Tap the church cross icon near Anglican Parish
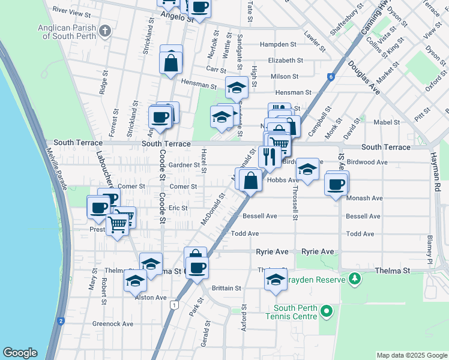(105, 31)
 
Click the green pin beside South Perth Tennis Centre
(326, 311)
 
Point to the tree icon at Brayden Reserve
(355, 279)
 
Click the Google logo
(20, 353)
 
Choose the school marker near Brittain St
(276, 280)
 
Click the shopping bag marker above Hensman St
(171, 61)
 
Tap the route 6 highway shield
(330, 76)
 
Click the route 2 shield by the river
(61, 321)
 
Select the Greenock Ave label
(113, 324)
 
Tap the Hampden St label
(278, 44)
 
